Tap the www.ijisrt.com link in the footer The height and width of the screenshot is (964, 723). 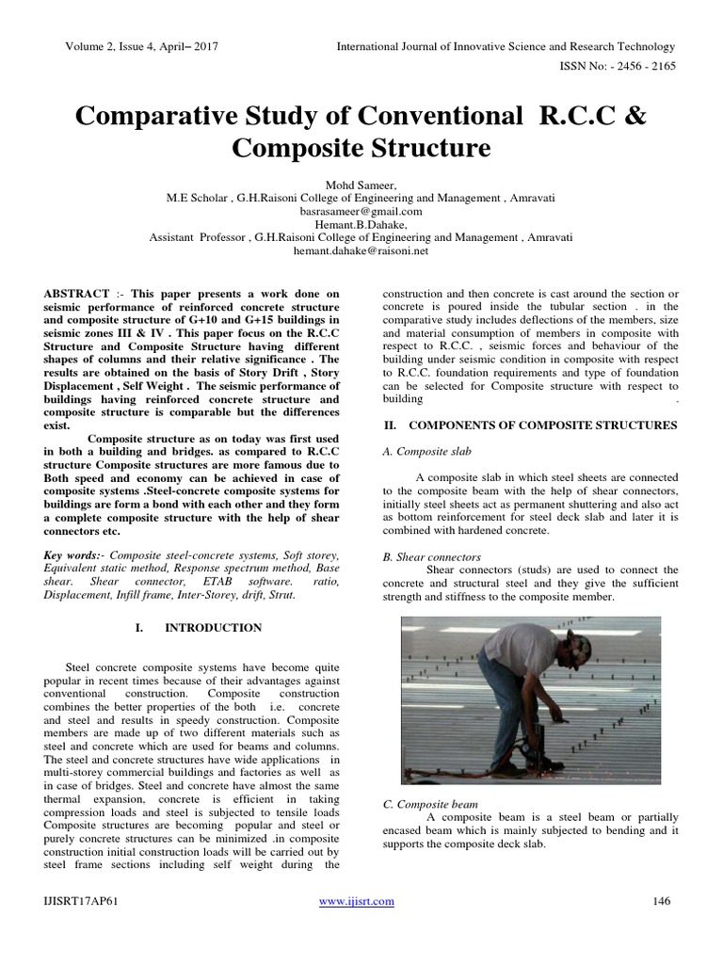[x=357, y=901]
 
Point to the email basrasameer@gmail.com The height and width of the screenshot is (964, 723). [x=361, y=212]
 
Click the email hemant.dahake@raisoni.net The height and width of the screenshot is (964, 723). [x=361, y=251]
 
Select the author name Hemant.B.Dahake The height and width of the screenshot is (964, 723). [x=361, y=225]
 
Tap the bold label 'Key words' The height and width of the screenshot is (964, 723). [x=74, y=557]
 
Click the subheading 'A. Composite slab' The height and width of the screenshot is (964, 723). [x=428, y=452]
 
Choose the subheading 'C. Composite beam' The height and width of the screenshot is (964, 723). [x=431, y=805]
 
